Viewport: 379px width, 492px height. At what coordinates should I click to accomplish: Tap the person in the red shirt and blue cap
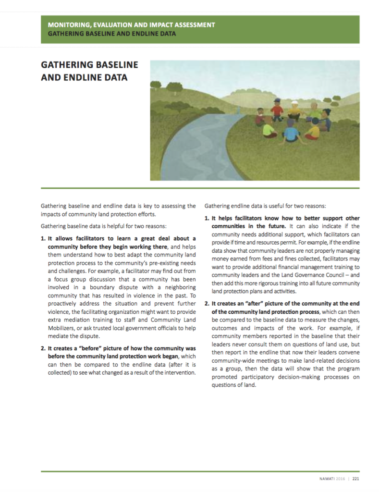277,110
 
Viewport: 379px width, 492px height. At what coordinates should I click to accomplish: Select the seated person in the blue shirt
291,133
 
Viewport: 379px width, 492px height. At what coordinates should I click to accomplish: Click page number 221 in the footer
356,479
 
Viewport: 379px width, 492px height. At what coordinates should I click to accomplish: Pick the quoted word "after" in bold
248,304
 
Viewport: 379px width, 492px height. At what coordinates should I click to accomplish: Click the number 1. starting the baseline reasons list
43,238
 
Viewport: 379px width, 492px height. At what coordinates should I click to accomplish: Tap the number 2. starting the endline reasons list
207,304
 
